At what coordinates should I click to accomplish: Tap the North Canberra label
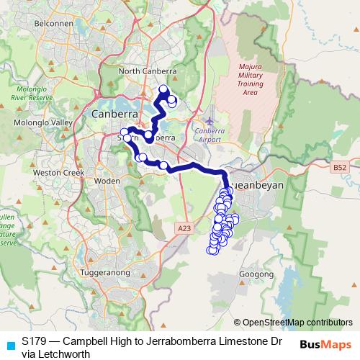[148, 71]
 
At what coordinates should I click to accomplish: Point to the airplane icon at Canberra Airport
[209, 119]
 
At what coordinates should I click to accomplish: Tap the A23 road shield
[184, 228]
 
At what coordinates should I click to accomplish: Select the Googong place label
[262, 274]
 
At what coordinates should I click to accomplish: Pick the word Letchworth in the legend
[63, 354]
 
